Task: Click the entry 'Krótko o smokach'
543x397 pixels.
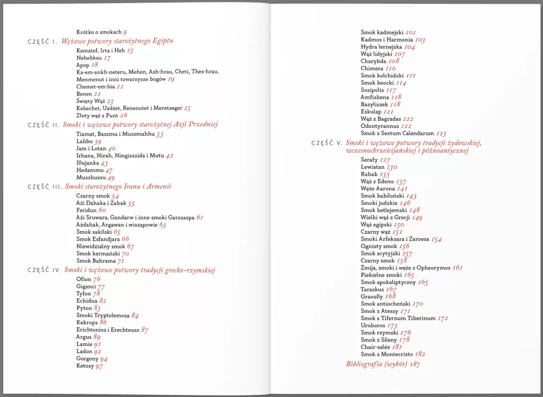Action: pyautogui.click(x=99, y=32)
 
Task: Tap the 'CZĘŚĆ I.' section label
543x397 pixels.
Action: pyautogui.click(x=42, y=41)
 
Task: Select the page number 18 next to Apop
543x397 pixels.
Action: pyautogui.click(x=95, y=65)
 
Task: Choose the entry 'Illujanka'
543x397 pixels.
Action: pyautogui.click(x=87, y=163)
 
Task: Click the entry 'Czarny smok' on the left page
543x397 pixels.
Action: pyautogui.click(x=93, y=196)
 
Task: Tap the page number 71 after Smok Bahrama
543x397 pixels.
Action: pyautogui.click(x=121, y=261)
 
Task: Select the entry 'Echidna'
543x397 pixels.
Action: pyautogui.click(x=87, y=301)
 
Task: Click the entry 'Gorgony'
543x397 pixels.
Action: pyautogui.click(x=87, y=359)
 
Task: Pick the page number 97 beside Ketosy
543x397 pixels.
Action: pyautogui.click(x=99, y=366)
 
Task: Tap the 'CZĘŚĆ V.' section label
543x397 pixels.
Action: pyautogui.click(x=327, y=143)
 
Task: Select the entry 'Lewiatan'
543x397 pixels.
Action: pyautogui.click(x=373, y=167)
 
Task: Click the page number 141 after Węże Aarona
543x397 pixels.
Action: pyautogui.click(x=402, y=189)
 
